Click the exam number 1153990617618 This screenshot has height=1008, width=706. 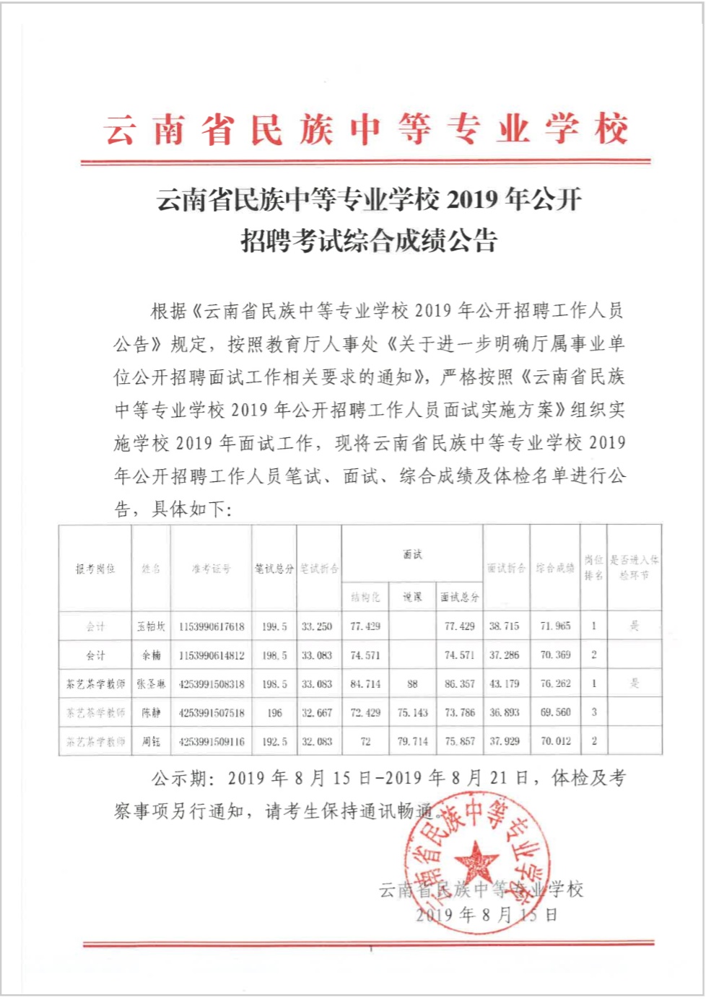212,626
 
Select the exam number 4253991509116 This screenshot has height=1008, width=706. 212,741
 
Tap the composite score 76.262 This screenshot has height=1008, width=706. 555,683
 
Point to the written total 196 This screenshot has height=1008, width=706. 274,712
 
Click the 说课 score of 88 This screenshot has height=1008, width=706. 412,683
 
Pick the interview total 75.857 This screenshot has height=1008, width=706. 460,741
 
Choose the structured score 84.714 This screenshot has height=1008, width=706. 365,683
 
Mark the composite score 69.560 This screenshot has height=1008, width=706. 555,712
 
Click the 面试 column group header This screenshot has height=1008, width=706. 412,554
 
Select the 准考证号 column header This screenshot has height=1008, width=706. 212,569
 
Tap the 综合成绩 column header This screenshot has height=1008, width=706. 555,569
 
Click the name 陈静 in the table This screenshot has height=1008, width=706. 152,712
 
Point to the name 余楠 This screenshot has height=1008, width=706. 152,655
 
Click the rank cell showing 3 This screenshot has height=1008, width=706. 594,712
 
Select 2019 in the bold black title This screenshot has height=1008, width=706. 472,200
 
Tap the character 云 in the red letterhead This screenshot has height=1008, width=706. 119,131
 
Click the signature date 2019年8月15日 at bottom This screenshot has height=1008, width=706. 487,915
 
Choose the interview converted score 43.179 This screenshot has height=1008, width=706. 505,683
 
